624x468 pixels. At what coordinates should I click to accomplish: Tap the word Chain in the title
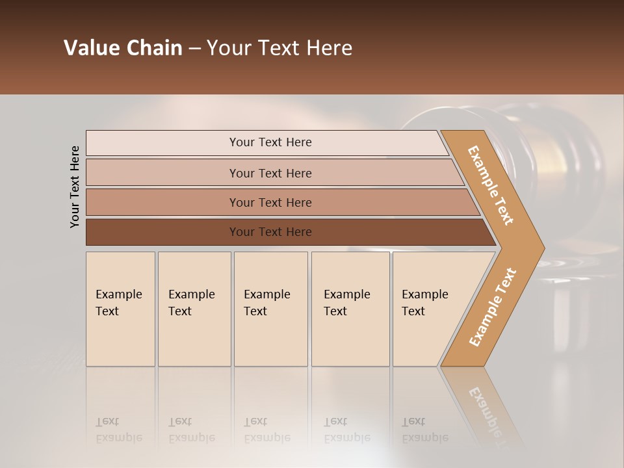154,48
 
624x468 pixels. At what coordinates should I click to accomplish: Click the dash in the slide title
194,49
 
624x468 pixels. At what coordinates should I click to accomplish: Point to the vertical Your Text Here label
75,187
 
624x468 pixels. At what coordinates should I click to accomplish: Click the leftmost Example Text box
120,309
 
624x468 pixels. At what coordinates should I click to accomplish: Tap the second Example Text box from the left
194,309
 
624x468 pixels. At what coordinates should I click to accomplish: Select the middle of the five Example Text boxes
270,309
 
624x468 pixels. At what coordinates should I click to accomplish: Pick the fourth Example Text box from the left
350,309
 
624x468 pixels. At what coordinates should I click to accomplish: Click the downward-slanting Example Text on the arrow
491,185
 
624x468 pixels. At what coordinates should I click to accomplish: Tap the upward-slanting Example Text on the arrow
493,307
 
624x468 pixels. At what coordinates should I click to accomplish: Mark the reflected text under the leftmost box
118,430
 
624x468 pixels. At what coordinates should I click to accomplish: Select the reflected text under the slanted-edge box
424,430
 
